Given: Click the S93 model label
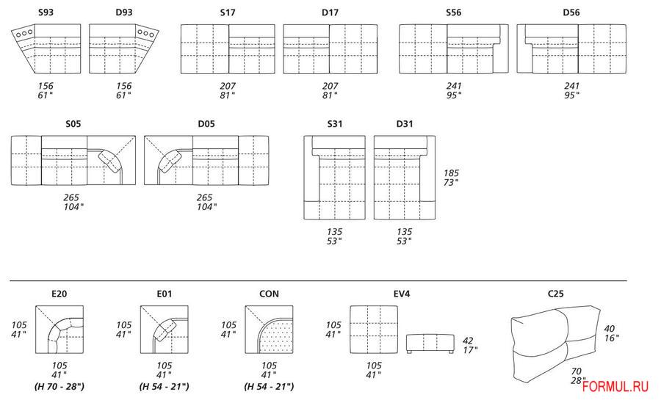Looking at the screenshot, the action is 46,12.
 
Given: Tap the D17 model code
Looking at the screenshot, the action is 330,12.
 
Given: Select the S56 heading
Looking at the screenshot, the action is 454,12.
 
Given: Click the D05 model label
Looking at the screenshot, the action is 206,124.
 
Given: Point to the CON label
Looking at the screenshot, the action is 269,294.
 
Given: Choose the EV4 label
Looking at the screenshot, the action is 402,294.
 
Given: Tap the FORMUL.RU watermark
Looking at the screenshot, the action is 615,386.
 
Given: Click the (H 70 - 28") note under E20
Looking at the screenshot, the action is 59,386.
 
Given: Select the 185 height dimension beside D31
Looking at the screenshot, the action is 451,173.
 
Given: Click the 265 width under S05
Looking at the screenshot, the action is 72,197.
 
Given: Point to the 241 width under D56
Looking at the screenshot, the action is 572,86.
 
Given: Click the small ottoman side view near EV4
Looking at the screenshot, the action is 430,343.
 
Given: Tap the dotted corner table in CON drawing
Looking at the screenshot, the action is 275,336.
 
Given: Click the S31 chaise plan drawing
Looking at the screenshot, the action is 335,178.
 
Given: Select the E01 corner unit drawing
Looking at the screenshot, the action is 165,330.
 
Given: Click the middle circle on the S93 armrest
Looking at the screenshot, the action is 24,33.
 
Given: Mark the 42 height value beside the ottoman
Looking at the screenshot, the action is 468,341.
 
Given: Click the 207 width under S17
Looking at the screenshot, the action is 228,86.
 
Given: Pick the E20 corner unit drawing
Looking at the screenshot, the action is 59,330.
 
